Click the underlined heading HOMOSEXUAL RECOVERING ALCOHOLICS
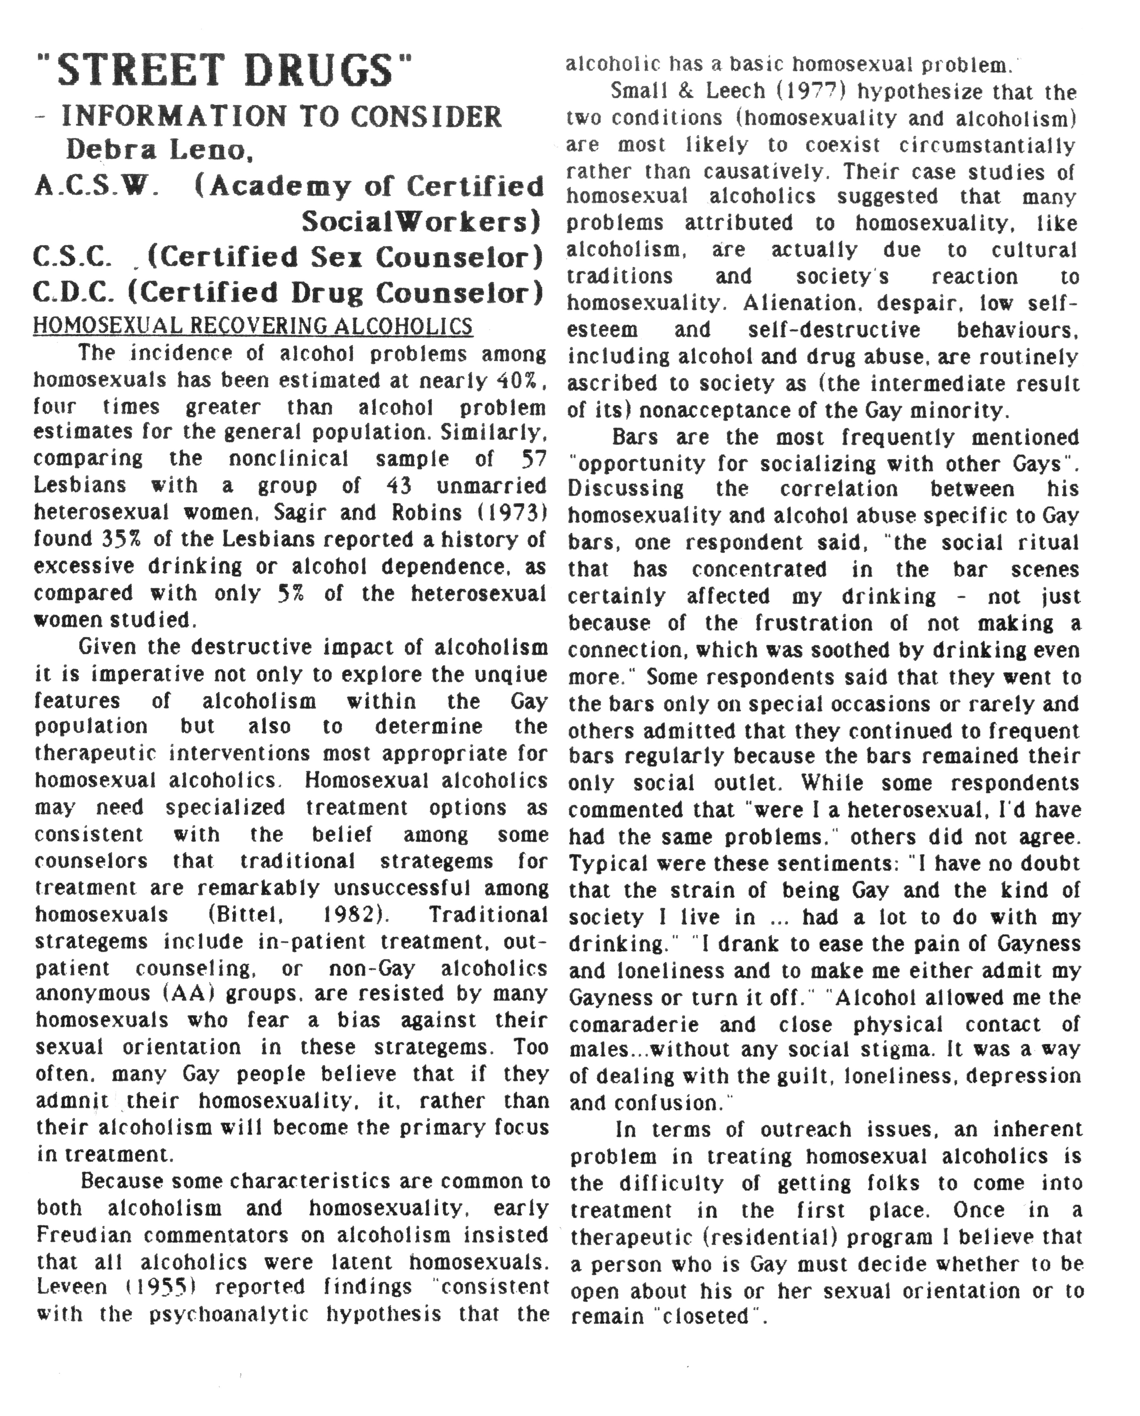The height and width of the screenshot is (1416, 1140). [x=253, y=327]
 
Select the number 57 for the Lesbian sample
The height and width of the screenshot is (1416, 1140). [x=533, y=459]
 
